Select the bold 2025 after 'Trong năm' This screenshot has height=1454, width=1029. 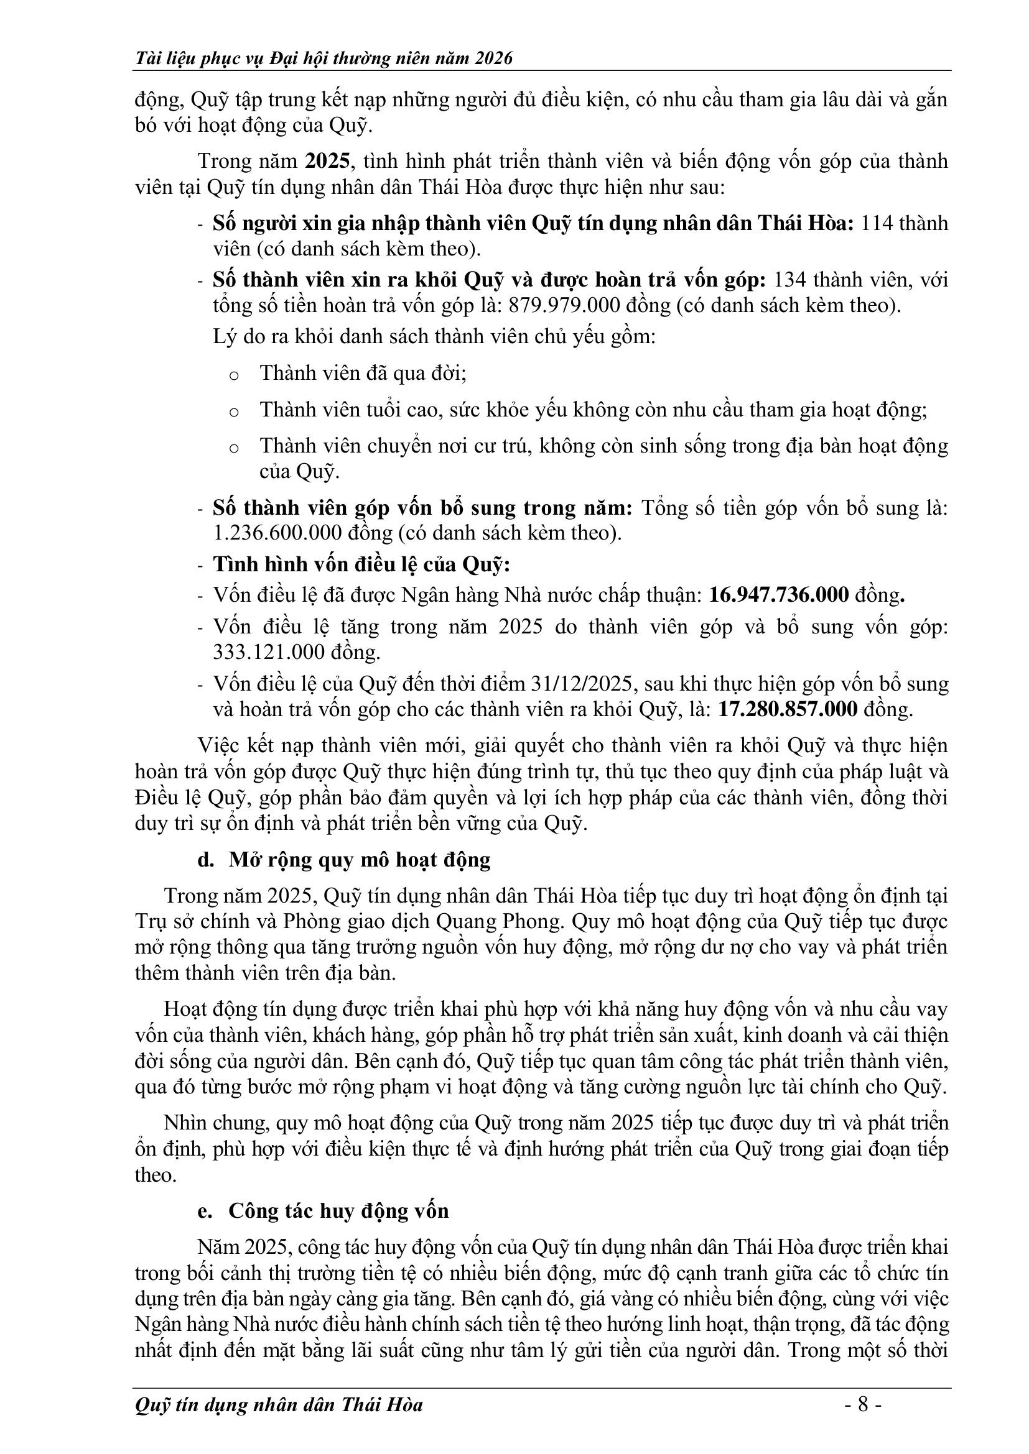click(327, 161)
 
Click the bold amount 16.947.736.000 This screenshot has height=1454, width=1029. click(779, 595)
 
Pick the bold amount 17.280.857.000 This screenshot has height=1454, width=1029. click(788, 709)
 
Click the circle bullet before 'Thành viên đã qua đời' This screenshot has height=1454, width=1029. click(233, 375)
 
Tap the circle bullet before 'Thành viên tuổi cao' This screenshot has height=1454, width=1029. click(233, 412)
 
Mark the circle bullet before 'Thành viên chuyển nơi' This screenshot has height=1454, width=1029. click(233, 448)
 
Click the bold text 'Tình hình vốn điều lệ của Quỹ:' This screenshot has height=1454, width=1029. click(361, 564)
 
